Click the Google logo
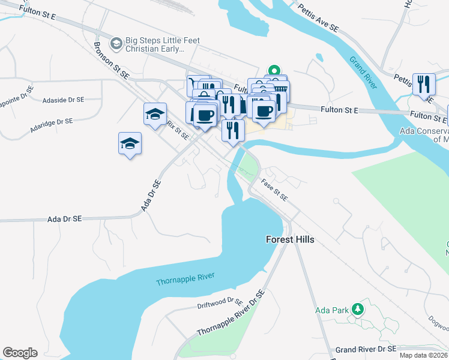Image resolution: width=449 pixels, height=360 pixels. click(20, 353)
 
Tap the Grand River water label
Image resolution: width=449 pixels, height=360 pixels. click(363, 73)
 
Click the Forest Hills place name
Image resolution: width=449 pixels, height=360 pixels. click(290, 239)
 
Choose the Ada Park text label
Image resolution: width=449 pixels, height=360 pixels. click(332, 310)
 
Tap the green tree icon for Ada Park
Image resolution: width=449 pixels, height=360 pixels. click(358, 309)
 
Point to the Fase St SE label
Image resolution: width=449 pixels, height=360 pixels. click(274, 190)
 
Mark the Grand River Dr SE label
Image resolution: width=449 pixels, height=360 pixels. click(366, 349)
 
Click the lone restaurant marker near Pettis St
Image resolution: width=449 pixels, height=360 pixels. click(424, 83)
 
